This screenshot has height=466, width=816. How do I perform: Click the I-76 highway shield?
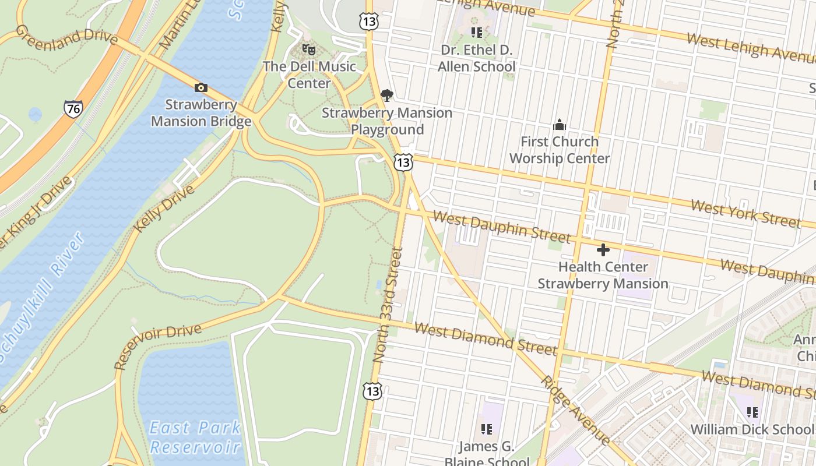pos(73,108)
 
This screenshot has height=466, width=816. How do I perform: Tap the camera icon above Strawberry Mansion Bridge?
pos(201,87)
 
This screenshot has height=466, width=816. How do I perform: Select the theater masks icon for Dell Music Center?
pos(308,50)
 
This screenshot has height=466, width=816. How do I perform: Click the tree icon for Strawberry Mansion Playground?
pos(386,96)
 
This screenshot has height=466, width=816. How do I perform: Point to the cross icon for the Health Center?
pos(603,250)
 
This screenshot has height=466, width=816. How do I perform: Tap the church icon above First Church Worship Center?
pos(559,125)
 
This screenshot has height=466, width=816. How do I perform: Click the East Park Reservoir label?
pos(195,437)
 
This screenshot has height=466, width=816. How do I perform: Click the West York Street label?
pos(745,213)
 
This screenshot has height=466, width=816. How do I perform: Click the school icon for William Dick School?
pos(752,412)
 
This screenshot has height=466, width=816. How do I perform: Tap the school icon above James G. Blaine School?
pos(486,430)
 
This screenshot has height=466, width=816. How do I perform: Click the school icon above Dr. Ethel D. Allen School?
pos(477,33)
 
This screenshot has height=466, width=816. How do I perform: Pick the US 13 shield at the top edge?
pos(369,22)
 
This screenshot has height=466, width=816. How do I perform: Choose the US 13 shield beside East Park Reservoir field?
pos(372,391)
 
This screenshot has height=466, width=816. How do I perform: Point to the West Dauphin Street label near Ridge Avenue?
pos(501,227)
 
